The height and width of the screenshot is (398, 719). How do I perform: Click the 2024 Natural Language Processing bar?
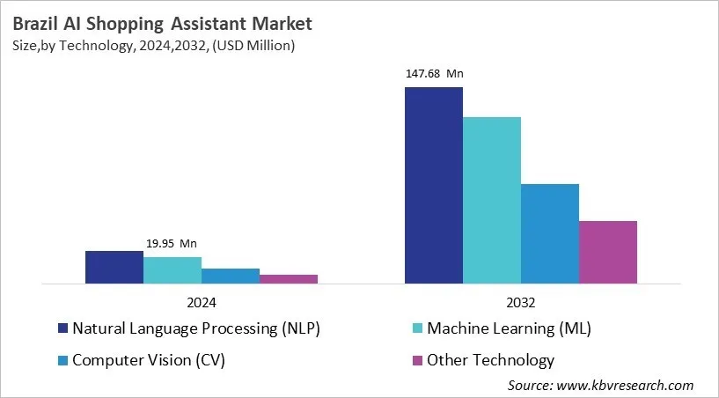[114, 268]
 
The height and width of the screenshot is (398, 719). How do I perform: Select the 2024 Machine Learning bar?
[172, 270]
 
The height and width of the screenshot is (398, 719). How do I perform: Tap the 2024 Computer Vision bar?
[230, 276]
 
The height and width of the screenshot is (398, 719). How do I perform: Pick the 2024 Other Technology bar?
[288, 279]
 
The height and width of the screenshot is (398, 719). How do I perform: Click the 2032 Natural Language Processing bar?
[433, 186]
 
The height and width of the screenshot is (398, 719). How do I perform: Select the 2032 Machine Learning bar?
[491, 201]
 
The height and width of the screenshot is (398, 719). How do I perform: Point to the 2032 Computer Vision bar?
[549, 234]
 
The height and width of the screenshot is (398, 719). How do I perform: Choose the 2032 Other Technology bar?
[607, 253]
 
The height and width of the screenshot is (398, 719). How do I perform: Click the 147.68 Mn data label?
[433, 74]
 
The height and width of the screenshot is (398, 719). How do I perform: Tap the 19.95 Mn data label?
[172, 244]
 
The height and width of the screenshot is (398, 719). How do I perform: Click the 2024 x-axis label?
[202, 302]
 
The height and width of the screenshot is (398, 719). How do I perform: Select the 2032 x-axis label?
[520, 302]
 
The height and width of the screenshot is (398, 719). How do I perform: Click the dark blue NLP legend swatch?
[63, 329]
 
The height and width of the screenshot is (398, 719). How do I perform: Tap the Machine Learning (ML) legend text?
[509, 329]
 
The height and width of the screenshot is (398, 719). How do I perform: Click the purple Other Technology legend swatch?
[418, 359]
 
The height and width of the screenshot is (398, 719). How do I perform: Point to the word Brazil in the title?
[36, 24]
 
